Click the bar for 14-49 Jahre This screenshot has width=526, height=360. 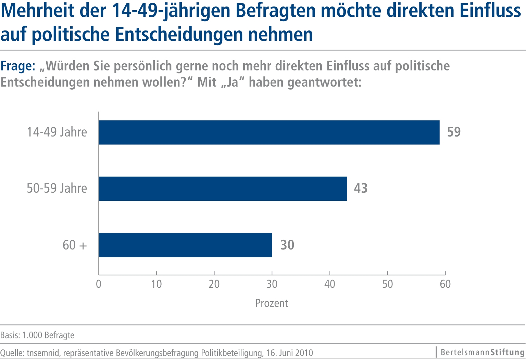coord(269,132)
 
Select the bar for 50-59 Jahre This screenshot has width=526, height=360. coord(223,189)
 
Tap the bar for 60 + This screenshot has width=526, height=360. coord(185,245)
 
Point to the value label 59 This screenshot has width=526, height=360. coord(454,132)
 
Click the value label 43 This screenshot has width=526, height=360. coord(361,189)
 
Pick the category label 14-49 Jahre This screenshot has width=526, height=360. coord(57,132)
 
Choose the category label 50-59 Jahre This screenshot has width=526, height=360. coord(57,189)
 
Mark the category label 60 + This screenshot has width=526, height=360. coord(75,245)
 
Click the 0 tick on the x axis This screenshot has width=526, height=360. coord(99,284)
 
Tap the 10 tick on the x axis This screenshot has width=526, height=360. coord(156,284)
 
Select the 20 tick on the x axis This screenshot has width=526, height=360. coord(214,284)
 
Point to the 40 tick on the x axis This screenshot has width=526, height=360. coord(330,284)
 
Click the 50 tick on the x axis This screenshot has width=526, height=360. coord(387,284)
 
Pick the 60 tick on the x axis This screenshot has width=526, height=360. coord(445,284)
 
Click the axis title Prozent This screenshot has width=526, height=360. coord(272,303)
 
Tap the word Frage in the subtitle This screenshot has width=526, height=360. coord(17,66)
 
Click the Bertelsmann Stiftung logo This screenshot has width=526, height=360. coord(482,352)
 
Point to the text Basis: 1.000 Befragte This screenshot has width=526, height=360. coord(37,335)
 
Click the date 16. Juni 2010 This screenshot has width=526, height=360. coord(289,353)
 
